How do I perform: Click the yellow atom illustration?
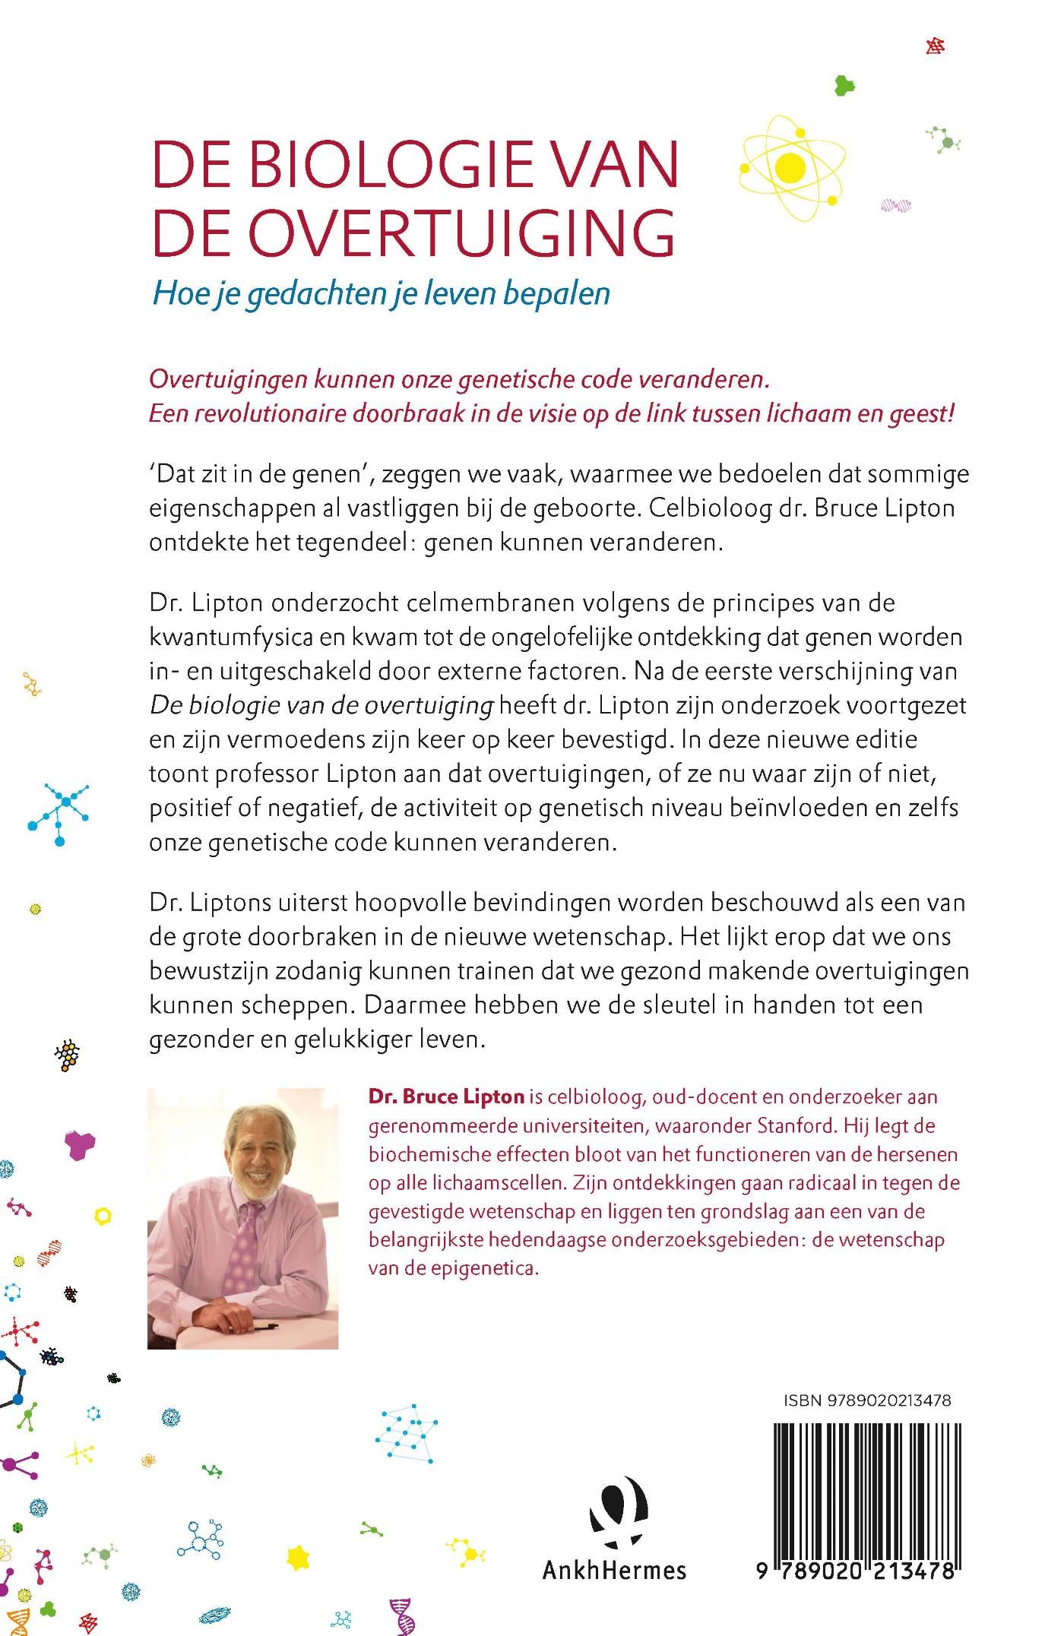click(791, 168)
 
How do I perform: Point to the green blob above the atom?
click(844, 84)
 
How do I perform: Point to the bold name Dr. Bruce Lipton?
click(446, 1096)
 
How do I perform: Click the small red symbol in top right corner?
click(935, 46)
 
